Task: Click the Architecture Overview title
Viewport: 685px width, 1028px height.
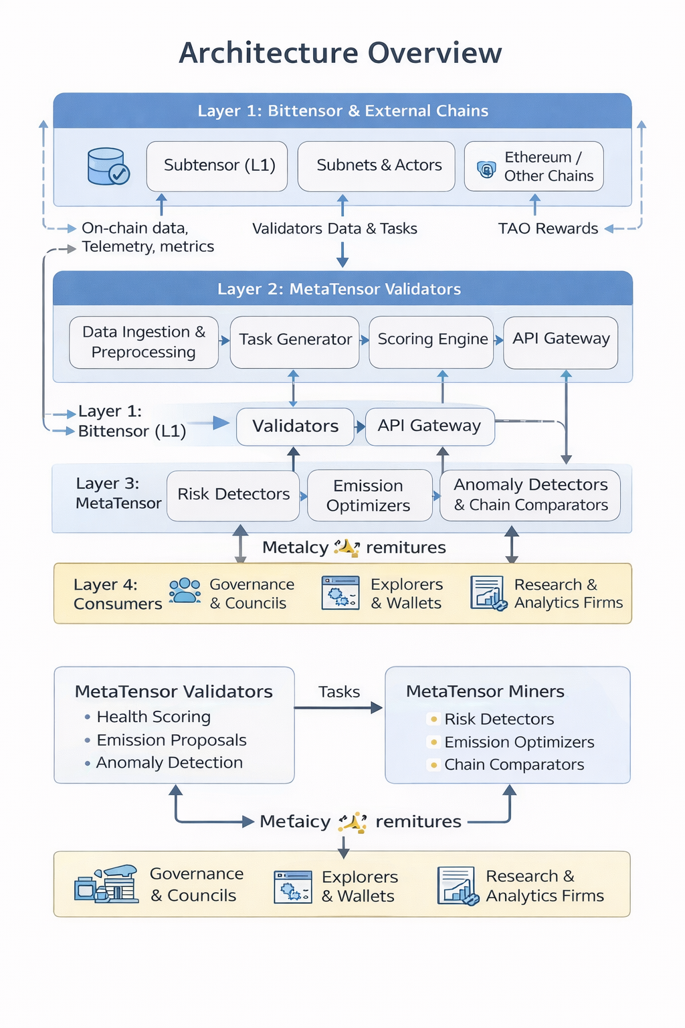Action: point(340,53)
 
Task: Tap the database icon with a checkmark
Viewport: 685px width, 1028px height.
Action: point(108,167)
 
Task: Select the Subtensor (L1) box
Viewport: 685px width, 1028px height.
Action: point(217,165)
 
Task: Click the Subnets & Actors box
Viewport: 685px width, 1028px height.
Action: point(377,165)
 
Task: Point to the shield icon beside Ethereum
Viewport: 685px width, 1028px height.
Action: point(486,169)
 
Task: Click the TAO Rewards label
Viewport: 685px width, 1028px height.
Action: point(548,229)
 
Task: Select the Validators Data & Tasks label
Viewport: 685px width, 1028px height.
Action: point(334,229)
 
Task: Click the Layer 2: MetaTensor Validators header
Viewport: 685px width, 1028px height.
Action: point(339,289)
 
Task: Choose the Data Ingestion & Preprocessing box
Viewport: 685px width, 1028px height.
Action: point(144,342)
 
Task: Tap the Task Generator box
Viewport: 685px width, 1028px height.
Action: point(295,340)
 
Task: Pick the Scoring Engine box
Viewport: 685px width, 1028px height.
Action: point(432,339)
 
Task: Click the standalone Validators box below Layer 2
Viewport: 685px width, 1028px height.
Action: point(295,426)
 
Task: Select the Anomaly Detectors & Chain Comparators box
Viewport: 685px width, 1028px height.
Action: point(530,495)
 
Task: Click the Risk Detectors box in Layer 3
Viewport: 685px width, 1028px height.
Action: point(233,495)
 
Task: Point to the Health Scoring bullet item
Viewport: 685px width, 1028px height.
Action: point(153,717)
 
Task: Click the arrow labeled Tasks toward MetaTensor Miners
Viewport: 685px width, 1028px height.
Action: point(338,707)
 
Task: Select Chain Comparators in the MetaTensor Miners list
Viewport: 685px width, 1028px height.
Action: point(514,764)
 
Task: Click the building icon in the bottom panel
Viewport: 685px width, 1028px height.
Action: point(106,884)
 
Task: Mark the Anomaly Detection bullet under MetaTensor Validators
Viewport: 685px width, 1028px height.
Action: point(169,763)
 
